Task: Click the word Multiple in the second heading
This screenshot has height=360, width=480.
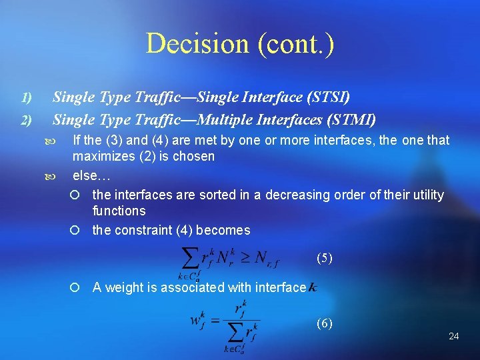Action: [x=232, y=120]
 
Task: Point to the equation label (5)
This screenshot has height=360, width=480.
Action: [x=324, y=258]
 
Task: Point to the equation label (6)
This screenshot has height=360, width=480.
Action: [x=324, y=323]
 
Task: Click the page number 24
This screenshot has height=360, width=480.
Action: [x=453, y=336]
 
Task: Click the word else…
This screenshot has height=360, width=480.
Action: [x=91, y=175]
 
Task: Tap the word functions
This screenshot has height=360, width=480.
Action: [x=119, y=211]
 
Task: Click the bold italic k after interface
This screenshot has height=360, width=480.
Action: [x=313, y=288]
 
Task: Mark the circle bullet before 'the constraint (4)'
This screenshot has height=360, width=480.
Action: [x=75, y=231]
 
